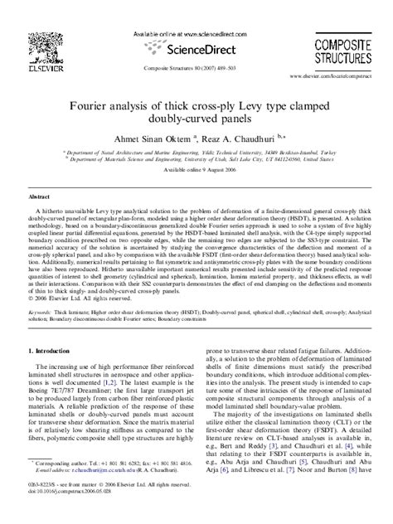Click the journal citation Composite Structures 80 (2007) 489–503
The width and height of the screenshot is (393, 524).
[196, 69]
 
